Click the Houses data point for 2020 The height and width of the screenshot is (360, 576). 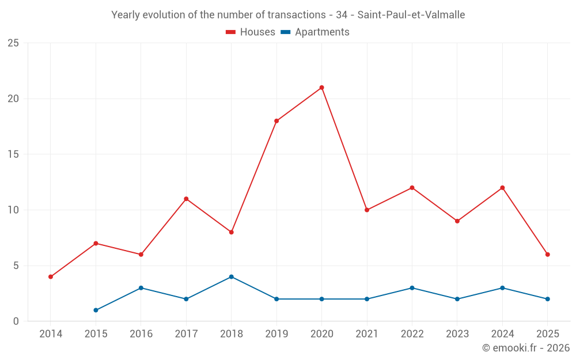coord(321,88)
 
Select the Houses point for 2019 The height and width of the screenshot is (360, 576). coord(276,121)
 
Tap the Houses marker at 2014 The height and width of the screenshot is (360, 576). coord(51,276)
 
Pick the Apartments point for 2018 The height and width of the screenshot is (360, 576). coord(231,276)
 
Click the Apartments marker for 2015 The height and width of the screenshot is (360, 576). coord(96,310)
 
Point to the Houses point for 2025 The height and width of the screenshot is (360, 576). coord(547,255)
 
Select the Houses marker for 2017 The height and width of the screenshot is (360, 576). coord(186,199)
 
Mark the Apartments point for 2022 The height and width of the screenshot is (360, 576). coord(412,288)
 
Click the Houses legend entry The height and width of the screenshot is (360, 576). coord(251,32)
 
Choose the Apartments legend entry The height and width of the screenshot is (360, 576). coord(315,32)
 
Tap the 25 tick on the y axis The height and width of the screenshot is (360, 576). coord(13,43)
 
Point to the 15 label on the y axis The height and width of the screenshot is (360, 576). coord(13,154)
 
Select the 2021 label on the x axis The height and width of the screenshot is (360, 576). coord(367,334)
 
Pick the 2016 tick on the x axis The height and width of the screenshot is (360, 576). coord(141,334)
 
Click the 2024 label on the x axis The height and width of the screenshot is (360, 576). coord(502,334)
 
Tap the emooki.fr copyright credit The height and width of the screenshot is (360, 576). coord(525,348)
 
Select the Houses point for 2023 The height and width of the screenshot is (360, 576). coord(457,221)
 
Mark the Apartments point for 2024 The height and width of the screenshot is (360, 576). coord(502,288)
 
